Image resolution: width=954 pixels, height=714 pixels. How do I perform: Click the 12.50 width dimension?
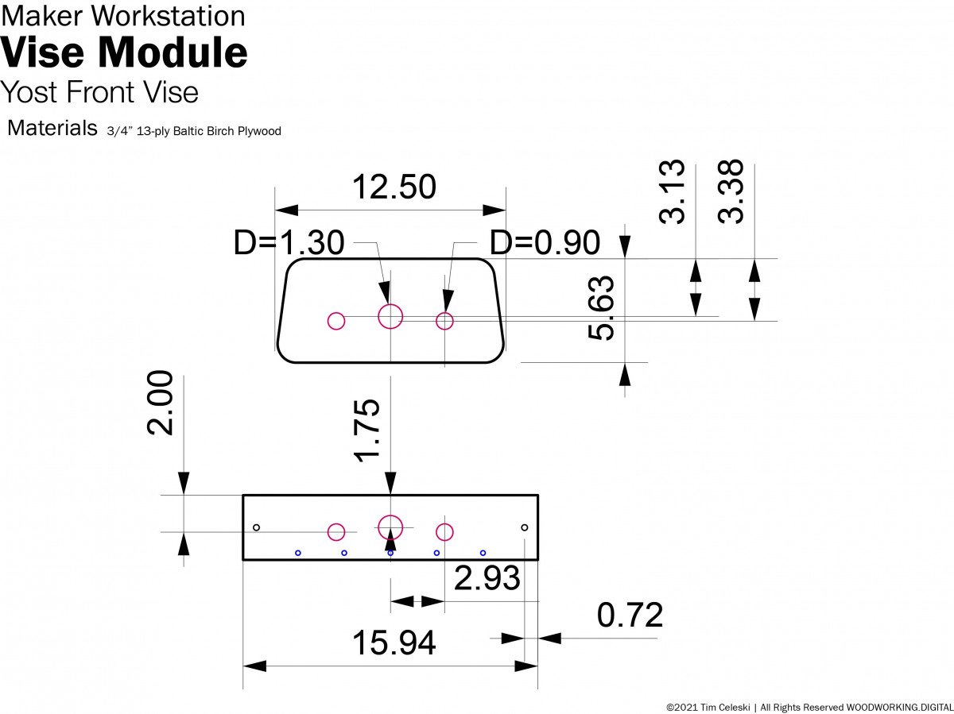pyautogui.click(x=394, y=187)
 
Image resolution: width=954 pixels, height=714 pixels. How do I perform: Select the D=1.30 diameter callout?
pyautogui.click(x=289, y=243)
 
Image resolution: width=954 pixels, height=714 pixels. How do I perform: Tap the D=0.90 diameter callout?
pyautogui.click(x=545, y=243)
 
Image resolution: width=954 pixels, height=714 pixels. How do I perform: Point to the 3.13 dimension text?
pyautogui.click(x=673, y=191)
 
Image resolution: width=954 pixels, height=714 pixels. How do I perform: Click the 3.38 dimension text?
pyautogui.click(x=731, y=191)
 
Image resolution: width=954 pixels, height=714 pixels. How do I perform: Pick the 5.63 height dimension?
pyautogui.click(x=602, y=308)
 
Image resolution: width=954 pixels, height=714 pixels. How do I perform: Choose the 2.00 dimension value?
pyautogui.click(x=160, y=403)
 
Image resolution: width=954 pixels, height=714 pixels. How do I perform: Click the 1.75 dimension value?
pyautogui.click(x=368, y=431)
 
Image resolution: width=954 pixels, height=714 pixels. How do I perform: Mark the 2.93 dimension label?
pyautogui.click(x=487, y=578)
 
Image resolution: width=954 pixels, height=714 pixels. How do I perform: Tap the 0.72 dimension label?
pyautogui.click(x=630, y=616)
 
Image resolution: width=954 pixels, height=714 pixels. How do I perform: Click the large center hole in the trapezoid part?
pyautogui.click(x=390, y=317)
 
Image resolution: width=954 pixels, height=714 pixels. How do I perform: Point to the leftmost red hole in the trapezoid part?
pyautogui.click(x=336, y=321)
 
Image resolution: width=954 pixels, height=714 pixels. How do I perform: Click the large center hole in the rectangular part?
pyautogui.click(x=390, y=526)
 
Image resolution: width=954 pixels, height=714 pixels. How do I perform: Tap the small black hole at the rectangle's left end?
pyautogui.click(x=256, y=527)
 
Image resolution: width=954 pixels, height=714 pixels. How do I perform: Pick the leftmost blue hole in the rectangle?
pyautogui.click(x=298, y=553)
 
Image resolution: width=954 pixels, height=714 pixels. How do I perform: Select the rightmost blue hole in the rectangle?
pyautogui.click(x=483, y=553)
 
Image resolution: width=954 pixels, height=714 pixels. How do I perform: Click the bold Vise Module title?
pyautogui.click(x=124, y=52)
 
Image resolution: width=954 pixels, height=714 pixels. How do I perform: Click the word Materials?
pyautogui.click(x=52, y=128)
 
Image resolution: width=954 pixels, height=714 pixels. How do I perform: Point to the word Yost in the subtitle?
pyautogui.click(x=29, y=92)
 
